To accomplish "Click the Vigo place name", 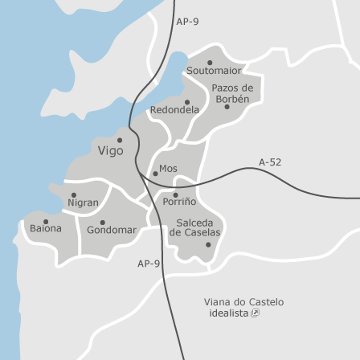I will click(x=111, y=151).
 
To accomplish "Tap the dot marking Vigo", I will click(x=120, y=140).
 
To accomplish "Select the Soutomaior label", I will click(x=214, y=71).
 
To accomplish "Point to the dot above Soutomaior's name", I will click(x=210, y=63).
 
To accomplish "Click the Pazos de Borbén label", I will click(x=232, y=93).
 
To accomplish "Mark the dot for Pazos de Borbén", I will click(x=227, y=107).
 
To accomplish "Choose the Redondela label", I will click(x=174, y=110).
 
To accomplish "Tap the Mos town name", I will click(x=168, y=169).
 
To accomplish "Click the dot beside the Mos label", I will click(x=155, y=174).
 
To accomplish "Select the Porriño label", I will click(x=179, y=202).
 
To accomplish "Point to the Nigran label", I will click(x=84, y=203).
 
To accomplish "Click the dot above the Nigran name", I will click(x=74, y=194).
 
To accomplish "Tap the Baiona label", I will click(x=45, y=229).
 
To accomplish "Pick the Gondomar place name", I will click(x=112, y=231).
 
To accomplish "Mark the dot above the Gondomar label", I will click(x=102, y=222).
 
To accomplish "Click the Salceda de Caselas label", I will click(x=194, y=227).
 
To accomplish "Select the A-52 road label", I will click(x=270, y=162).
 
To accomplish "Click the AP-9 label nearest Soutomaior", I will click(x=187, y=22).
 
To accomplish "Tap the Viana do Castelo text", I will click(x=243, y=302).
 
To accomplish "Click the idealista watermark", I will click(x=234, y=313).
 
